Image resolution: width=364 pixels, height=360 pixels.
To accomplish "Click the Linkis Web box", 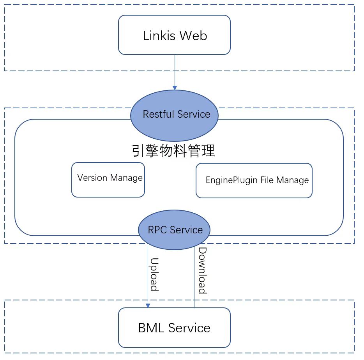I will tap(174, 35).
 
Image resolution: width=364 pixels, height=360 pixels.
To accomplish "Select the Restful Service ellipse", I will tap(174, 115).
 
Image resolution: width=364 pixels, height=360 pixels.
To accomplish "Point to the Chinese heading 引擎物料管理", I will tap(173, 151).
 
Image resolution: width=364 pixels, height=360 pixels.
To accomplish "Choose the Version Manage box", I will tap(108, 180).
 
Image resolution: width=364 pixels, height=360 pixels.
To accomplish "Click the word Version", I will tap(92, 178).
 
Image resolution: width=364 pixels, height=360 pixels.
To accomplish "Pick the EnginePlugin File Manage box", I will tap(254, 180).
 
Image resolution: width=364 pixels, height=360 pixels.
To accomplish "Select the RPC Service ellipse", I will tap(174, 230).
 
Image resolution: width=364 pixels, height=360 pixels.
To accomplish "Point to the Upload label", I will tap(154, 274).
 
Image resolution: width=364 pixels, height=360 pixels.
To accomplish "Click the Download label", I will tap(202, 270).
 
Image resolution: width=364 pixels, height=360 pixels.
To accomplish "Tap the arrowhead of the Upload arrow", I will tap(148, 305).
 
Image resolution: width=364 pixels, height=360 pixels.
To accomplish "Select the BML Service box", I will tap(174, 328).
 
